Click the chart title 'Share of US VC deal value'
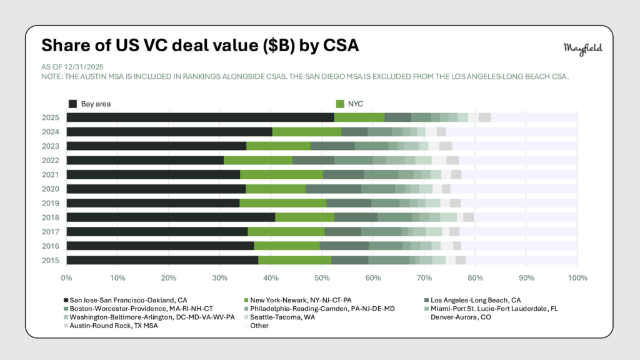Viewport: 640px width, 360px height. tap(199, 46)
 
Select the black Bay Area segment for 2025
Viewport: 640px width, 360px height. tap(200, 117)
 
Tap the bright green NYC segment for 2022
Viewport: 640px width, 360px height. tap(257, 160)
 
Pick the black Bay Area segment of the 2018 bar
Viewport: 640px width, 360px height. tap(171, 217)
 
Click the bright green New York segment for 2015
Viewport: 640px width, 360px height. tap(294, 260)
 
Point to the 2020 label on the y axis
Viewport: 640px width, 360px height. tap(50, 189)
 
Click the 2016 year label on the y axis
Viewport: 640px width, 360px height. tap(50, 246)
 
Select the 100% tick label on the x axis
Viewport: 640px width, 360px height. tap(577, 277)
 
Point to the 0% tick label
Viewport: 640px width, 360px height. tap(66, 277)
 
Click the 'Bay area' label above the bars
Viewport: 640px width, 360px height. tap(96, 103)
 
